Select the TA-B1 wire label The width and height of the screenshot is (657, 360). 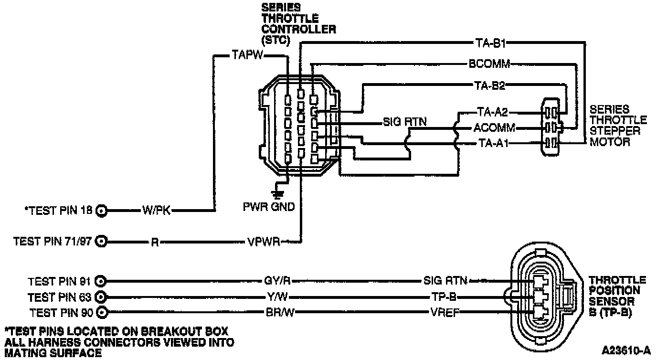491,43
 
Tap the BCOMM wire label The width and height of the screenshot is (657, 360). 489,64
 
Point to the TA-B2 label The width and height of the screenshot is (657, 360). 491,85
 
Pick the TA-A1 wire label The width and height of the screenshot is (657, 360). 492,143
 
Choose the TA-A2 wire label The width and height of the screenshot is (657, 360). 492,113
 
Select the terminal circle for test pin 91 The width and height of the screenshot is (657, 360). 101,281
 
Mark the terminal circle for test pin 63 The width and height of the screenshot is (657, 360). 101,297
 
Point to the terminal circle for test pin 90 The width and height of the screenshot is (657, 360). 101,313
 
